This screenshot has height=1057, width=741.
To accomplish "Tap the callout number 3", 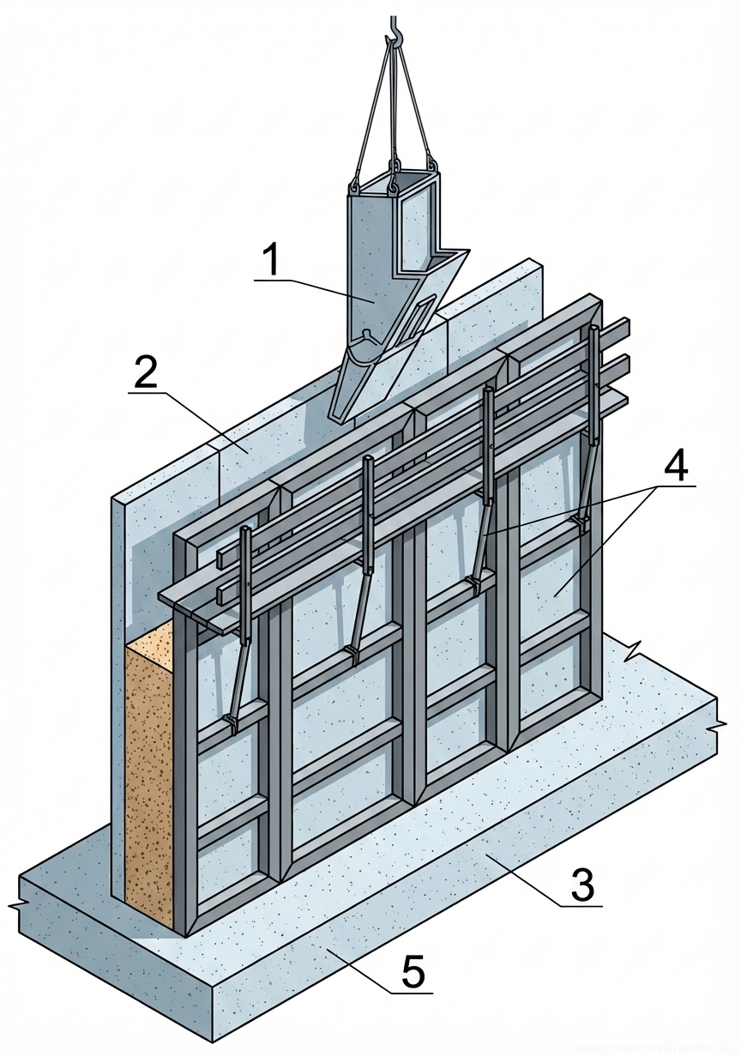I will [x=582, y=885].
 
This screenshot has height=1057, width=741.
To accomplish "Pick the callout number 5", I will [x=413, y=974].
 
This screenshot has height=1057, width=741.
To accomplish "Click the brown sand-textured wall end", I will [x=149, y=772].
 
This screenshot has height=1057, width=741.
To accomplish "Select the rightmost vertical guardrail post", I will [x=593, y=377].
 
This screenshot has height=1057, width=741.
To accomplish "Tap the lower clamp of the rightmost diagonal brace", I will [x=583, y=521].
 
